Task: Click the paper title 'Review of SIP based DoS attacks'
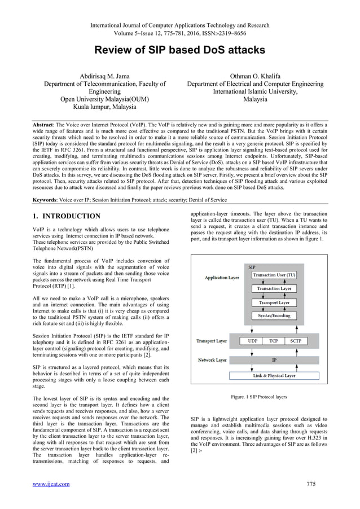click(x=179, y=50)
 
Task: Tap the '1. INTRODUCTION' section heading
click(x=67, y=216)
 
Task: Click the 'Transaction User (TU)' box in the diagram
click(x=274, y=275)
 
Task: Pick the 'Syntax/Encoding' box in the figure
click(x=274, y=315)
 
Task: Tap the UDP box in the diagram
click(x=248, y=341)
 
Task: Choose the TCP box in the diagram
click(x=273, y=341)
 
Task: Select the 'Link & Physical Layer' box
click(x=274, y=375)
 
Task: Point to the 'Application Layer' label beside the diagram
click(x=222, y=278)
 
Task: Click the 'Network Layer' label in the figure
click(x=212, y=359)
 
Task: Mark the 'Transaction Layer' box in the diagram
click(x=274, y=288)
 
